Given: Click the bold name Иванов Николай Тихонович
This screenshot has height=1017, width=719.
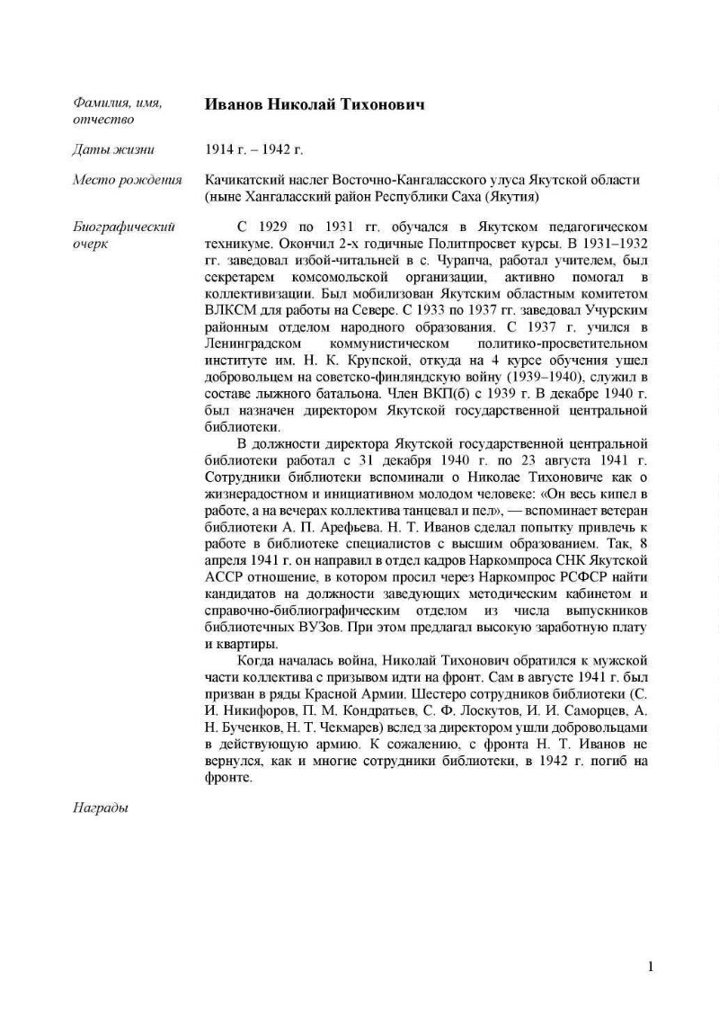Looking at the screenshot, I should pos(315,105).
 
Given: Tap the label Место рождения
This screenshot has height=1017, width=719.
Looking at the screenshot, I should pos(127,180).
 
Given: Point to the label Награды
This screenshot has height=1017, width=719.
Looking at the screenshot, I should pos(100,807).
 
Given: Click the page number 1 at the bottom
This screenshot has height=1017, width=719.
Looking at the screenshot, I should pos(651,967).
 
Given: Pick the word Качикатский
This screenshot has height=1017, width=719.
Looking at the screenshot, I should pos(247,180).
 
